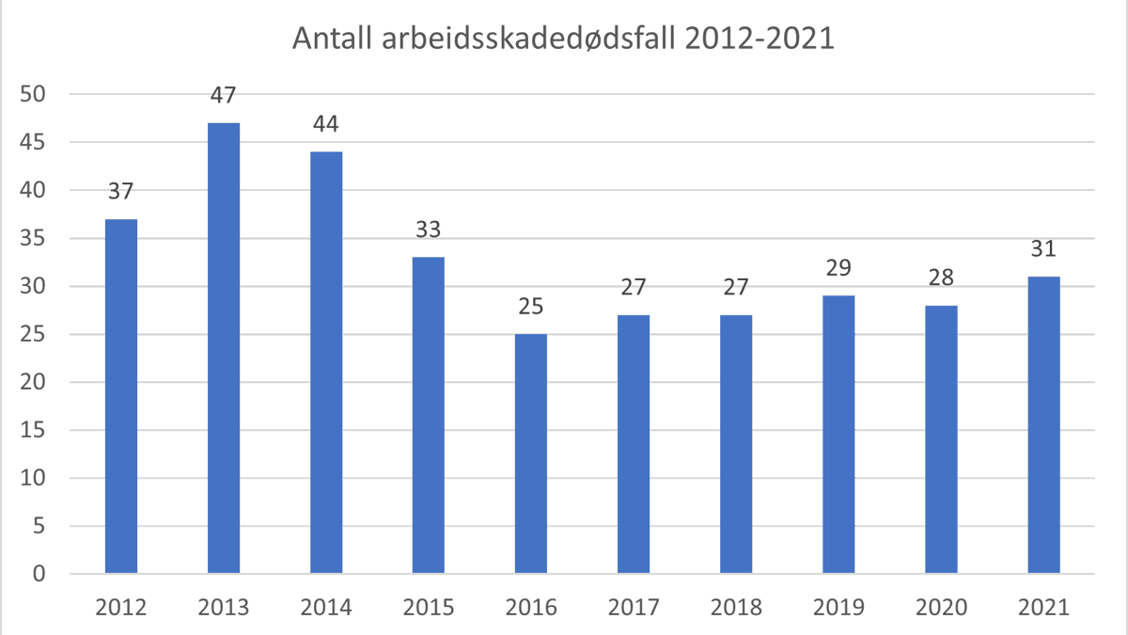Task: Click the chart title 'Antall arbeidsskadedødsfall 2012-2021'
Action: [x=563, y=40]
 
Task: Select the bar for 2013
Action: [x=224, y=348]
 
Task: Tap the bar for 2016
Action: [x=531, y=453]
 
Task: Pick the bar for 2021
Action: [x=1043, y=425]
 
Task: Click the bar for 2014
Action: [x=326, y=362]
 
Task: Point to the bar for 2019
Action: [x=838, y=435]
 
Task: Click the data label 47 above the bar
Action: [x=224, y=95]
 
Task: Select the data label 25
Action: [x=531, y=307]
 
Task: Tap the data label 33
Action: [x=429, y=230]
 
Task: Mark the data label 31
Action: [x=1043, y=249]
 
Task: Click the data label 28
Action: [x=941, y=278]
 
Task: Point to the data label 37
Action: [x=121, y=191]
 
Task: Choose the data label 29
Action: [x=838, y=268]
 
